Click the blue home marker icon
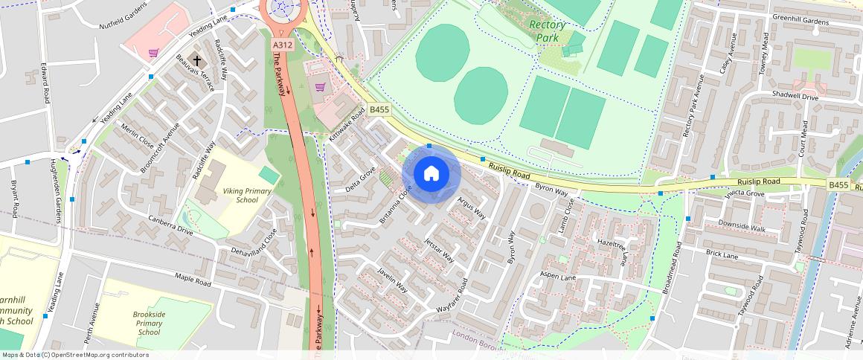431,174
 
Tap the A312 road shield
283,45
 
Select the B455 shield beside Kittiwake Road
379,110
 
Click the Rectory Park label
548,30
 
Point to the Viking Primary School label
248,196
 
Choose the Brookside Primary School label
149,323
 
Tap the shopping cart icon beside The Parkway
321,87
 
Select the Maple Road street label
193,281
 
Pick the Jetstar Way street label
438,251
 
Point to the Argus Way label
472,208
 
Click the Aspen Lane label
559,277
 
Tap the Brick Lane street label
722,255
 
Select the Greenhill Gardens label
801,22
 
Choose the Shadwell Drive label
815,96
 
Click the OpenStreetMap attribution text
76,355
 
